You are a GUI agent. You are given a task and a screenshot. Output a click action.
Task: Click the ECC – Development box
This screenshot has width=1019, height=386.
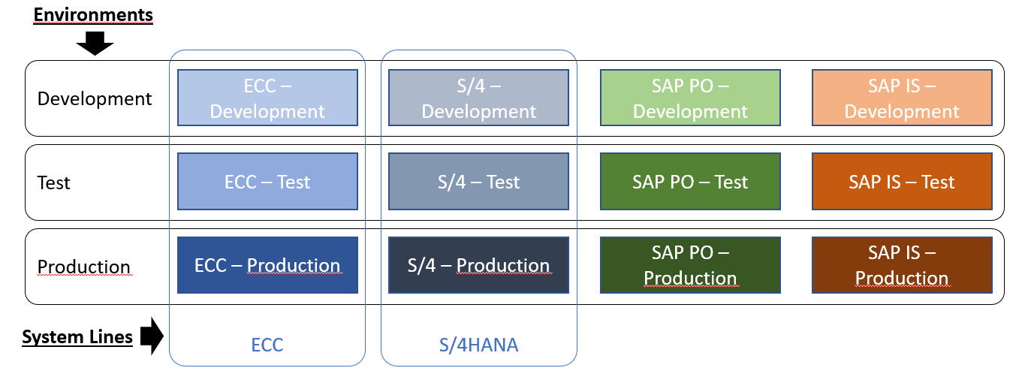[x=267, y=98]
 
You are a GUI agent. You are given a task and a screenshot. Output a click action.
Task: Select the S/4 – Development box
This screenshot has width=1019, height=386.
[x=479, y=98]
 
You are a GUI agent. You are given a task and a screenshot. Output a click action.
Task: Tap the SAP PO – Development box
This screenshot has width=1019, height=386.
[x=690, y=98]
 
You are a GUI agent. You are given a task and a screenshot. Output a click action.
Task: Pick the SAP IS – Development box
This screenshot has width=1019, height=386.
[x=902, y=98]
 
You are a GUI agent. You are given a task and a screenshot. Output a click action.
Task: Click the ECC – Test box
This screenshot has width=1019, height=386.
[x=267, y=182]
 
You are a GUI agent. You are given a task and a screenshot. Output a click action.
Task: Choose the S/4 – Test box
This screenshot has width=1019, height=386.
[x=479, y=182]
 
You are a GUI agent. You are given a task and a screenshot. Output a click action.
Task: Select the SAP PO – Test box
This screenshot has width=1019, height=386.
[x=690, y=182]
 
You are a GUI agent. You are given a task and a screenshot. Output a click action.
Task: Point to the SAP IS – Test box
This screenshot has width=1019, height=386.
[x=902, y=182]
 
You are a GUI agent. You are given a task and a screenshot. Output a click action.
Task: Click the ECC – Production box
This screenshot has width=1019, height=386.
[x=267, y=265]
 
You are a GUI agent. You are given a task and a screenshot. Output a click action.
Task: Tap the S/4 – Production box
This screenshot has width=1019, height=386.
[x=479, y=265]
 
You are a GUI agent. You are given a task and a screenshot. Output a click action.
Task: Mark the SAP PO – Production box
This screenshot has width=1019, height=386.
[x=690, y=265]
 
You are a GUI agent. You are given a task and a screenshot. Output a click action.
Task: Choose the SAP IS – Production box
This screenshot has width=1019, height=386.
[x=902, y=265]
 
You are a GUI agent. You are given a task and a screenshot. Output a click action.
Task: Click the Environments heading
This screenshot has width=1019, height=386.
[x=93, y=14]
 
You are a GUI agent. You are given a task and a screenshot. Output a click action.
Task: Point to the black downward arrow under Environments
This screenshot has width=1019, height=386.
[x=95, y=44]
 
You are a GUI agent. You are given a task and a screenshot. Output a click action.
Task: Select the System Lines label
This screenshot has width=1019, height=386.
[x=77, y=337]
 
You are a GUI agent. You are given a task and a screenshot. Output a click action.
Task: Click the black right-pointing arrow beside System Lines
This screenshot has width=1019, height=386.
[x=152, y=336]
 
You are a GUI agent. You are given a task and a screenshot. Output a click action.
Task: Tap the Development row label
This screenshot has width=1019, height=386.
[x=95, y=98]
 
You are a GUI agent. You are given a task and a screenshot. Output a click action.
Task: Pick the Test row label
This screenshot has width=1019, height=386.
[x=54, y=182]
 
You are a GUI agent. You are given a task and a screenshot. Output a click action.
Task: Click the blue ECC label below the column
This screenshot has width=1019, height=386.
[x=267, y=345]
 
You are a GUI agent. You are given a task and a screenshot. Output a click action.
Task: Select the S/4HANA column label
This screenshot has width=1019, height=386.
[x=479, y=345]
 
